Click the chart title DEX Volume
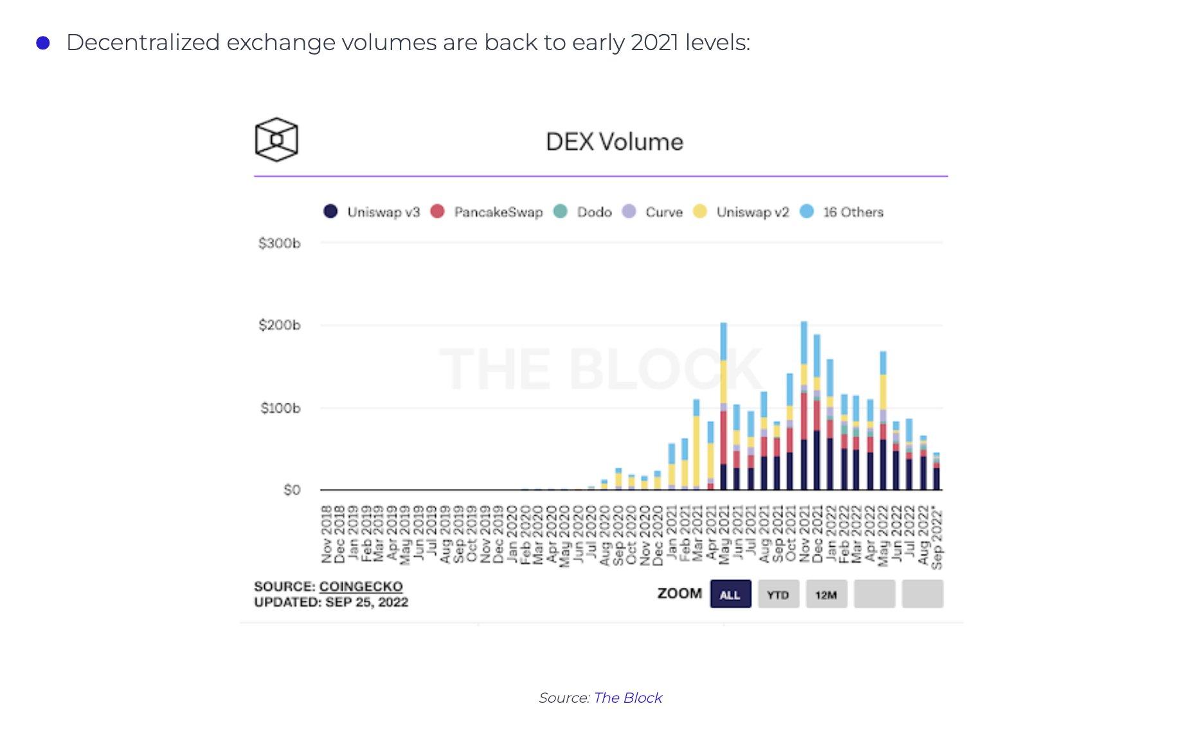(614, 142)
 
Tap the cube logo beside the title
(276, 139)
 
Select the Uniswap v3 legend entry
(372, 212)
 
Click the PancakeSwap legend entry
(487, 212)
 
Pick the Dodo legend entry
(582, 212)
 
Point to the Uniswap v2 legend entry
(741, 212)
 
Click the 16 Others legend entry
(842, 212)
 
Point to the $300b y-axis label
(279, 243)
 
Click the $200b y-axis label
(279, 325)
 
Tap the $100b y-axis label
(280, 408)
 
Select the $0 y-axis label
(291, 490)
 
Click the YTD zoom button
(778, 594)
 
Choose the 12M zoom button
(826, 594)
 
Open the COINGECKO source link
(361, 586)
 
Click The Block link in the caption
(627, 698)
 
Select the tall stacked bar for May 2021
(723, 411)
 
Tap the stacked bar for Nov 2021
(804, 411)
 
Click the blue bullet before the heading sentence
(43, 43)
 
